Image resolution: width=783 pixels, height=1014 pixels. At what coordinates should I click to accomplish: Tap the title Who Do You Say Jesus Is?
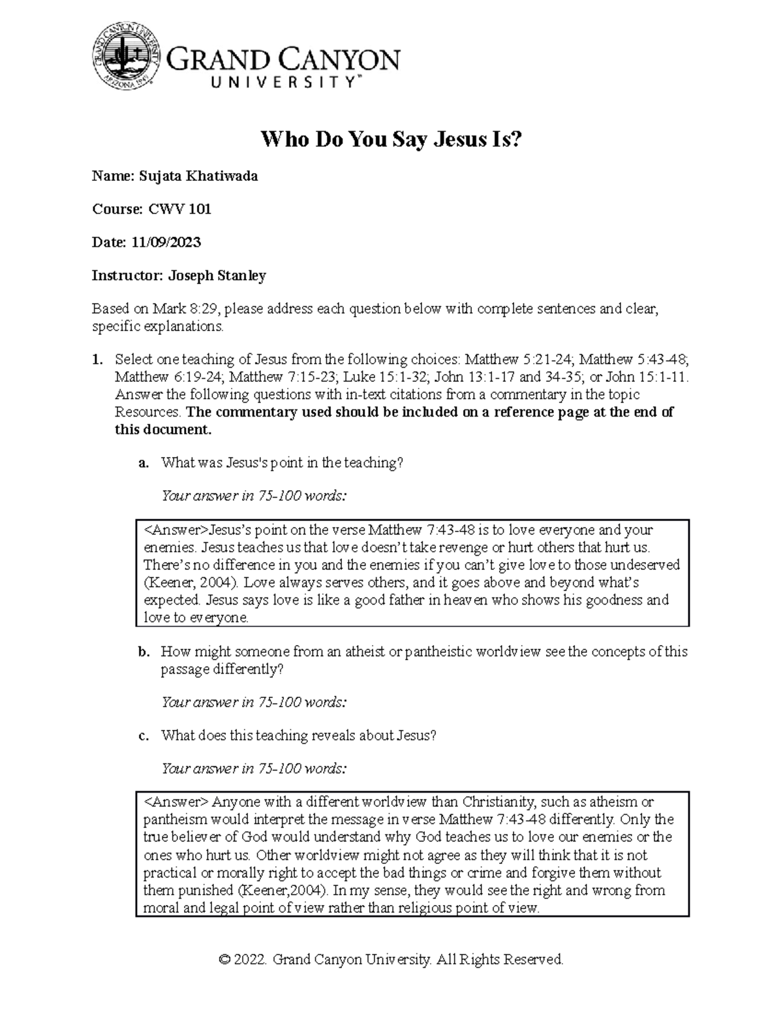391,140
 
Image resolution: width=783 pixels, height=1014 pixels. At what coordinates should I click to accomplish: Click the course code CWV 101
179,210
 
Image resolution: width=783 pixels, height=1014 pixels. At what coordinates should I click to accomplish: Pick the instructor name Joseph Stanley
217,276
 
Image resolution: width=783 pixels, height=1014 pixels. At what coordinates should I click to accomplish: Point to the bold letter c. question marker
144,736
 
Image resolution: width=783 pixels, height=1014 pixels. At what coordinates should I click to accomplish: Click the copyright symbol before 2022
225,959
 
